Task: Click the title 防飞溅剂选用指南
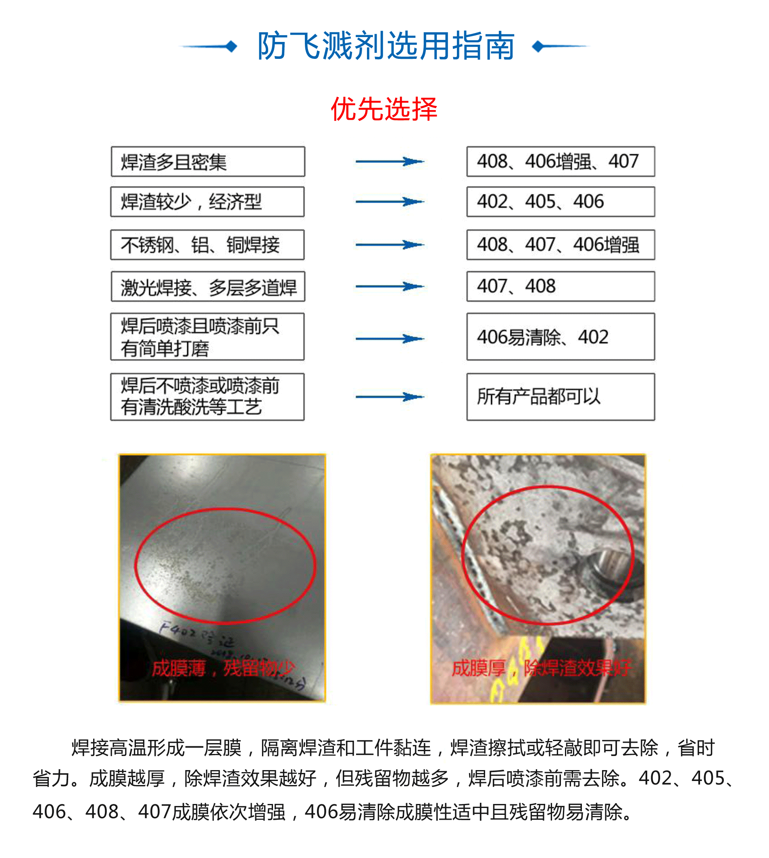click(x=386, y=46)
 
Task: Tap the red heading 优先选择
click(x=383, y=109)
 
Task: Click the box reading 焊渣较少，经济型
click(x=207, y=202)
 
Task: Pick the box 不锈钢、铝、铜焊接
click(x=207, y=245)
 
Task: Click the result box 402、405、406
click(x=560, y=202)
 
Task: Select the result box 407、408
click(x=560, y=286)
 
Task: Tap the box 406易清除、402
click(x=560, y=337)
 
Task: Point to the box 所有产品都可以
click(x=560, y=397)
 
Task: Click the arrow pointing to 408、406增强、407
click(x=389, y=161)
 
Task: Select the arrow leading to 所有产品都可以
click(x=389, y=397)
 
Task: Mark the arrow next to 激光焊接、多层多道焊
click(x=389, y=286)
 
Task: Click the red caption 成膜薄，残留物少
click(x=223, y=668)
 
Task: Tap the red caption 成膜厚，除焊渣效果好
click(x=541, y=668)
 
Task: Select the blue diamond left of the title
click(x=231, y=46)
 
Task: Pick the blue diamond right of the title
click(x=538, y=46)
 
